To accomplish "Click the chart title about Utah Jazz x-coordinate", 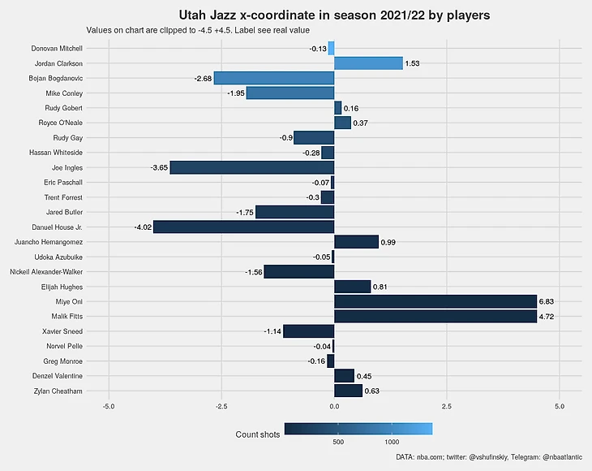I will pyautogui.click(x=333, y=15).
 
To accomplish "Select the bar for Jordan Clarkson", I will pyautogui.click(x=368, y=63).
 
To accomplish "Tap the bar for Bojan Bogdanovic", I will pyautogui.click(x=274, y=79).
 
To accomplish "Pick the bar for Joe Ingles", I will pyautogui.click(x=252, y=168).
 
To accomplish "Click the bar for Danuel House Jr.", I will pyautogui.click(x=243, y=227).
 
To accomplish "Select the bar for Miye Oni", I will pyautogui.click(x=435, y=301).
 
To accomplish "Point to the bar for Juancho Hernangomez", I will pyautogui.click(x=356, y=242).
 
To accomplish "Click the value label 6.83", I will pyautogui.click(x=546, y=301).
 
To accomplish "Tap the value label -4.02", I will pyautogui.click(x=143, y=227).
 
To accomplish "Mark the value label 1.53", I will pyautogui.click(x=412, y=63).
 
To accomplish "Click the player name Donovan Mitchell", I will pyautogui.click(x=57, y=49).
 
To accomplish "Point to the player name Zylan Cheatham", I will pyautogui.click(x=58, y=391).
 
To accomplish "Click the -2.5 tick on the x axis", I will pyautogui.click(x=221, y=406).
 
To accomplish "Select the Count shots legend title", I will pyautogui.click(x=257, y=435).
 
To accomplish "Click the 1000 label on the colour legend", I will pyautogui.click(x=392, y=443).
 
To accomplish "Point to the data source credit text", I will pyautogui.click(x=489, y=459).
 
